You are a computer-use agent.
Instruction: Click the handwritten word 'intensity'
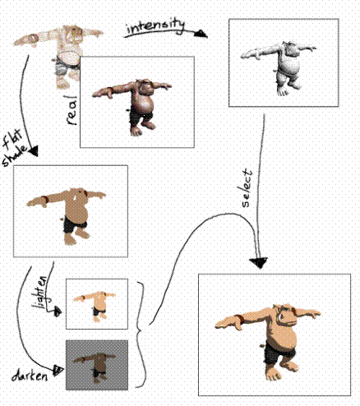point(155,26)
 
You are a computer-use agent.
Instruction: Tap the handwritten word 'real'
point(72,110)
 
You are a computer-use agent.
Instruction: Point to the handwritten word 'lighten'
point(40,292)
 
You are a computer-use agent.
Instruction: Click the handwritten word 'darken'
point(30,376)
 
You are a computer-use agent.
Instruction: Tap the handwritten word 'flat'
point(12,139)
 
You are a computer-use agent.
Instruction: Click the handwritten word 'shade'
point(15,157)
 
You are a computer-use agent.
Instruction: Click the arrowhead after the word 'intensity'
point(201,34)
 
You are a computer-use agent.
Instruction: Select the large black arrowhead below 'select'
point(258,263)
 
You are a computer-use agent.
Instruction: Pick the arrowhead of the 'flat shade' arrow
point(33,151)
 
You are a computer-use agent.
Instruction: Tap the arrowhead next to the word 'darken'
point(58,371)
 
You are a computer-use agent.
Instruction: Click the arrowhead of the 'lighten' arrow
point(58,311)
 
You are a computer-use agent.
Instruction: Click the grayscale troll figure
point(279,67)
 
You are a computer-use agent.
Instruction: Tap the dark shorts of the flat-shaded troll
point(74,226)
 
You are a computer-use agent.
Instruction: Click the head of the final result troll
point(285,314)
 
